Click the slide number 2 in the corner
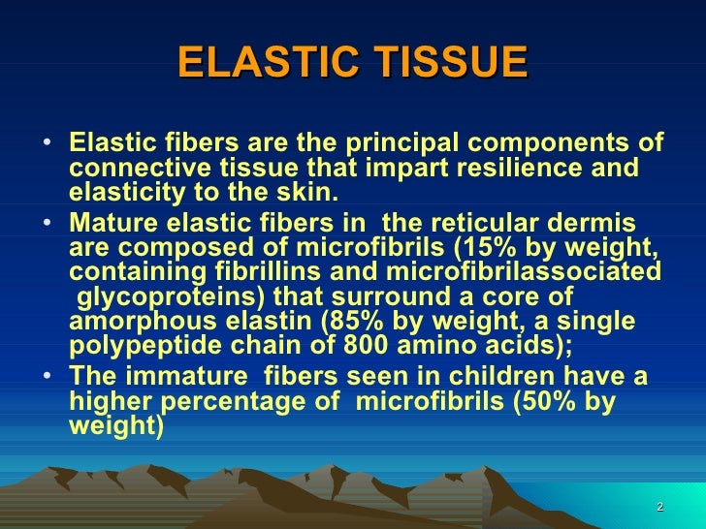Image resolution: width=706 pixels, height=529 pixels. pyautogui.click(x=659, y=509)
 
